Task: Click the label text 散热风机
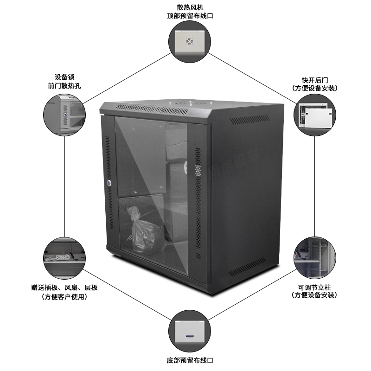click(190, 7)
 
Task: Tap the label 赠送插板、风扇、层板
click(64, 288)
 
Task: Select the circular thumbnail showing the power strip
click(64, 256)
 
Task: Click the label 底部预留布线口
click(190, 360)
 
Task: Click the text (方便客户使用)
click(64, 297)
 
